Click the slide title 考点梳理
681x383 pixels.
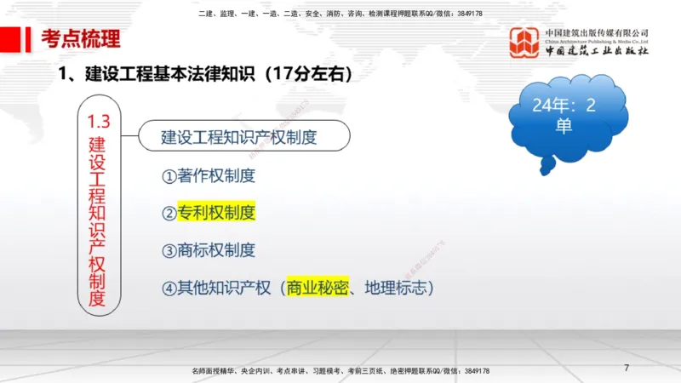[81, 38]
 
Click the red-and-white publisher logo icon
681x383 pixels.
[524, 43]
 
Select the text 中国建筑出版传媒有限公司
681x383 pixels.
[597, 33]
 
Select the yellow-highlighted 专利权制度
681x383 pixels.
[216, 213]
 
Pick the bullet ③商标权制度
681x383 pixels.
[209, 250]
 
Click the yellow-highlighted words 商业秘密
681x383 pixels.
[319, 288]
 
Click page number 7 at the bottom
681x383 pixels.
[627, 368]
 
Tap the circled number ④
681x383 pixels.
[169, 288]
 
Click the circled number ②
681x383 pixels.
[169, 213]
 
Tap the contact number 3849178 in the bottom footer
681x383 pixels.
[472, 372]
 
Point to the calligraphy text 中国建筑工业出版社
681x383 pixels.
[597, 51]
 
